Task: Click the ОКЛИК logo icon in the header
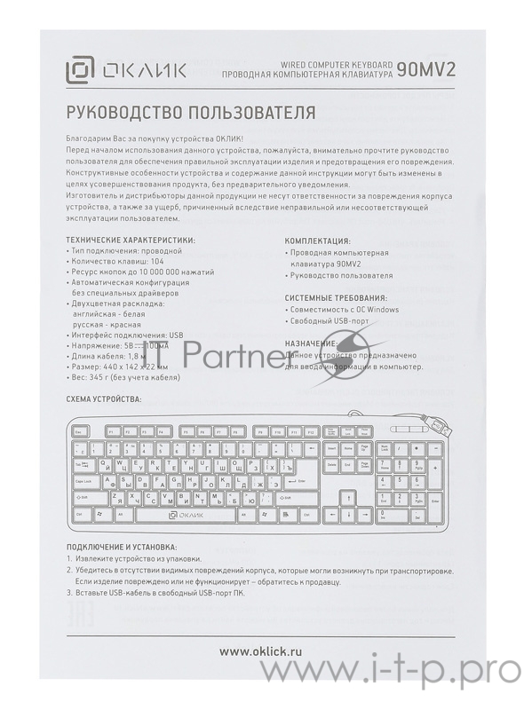[82, 70]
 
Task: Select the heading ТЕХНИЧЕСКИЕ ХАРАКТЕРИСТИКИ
[131, 241]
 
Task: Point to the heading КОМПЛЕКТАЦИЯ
[317, 241]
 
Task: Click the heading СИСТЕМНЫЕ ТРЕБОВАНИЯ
[336, 298]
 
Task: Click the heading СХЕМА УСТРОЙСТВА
[103, 400]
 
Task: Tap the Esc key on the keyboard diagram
[79, 431]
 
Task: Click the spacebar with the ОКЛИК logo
[187, 514]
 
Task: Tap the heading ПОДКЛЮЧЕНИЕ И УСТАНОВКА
[121, 548]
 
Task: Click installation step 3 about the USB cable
[155, 593]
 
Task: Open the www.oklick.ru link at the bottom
[262, 652]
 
